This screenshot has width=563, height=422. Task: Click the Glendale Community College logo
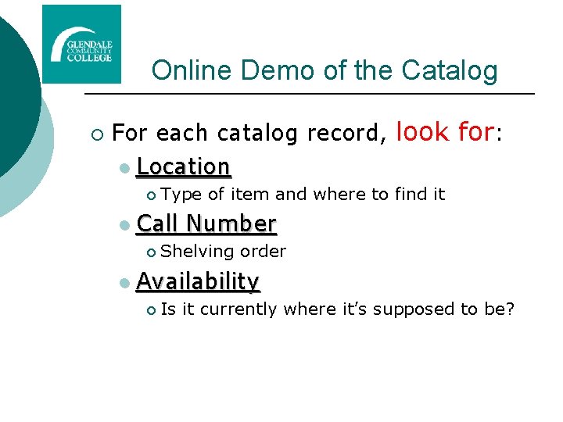click(81, 44)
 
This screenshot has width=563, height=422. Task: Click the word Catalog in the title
click(450, 70)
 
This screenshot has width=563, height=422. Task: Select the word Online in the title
click(192, 70)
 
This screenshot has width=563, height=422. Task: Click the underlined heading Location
click(183, 166)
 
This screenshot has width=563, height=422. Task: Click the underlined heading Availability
click(198, 281)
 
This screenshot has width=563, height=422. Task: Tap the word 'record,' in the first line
click(347, 134)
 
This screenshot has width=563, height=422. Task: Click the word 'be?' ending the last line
click(500, 309)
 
